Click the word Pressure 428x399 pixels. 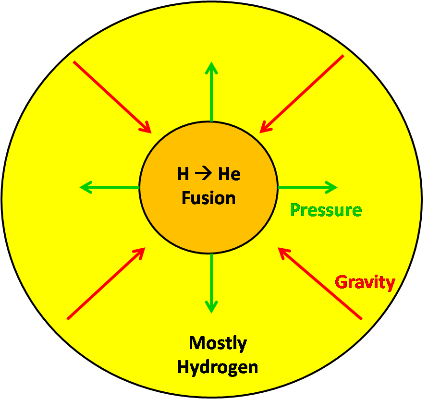tap(326, 210)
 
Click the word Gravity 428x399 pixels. tap(365, 282)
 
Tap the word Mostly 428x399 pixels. tap(218, 343)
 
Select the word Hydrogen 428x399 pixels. tap(218, 367)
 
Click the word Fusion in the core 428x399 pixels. tap(208, 198)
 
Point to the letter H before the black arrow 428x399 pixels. tap(183, 174)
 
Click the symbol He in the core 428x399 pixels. tap(229, 174)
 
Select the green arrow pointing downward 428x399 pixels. tap(211, 283)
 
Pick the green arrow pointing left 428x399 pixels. tap(110, 187)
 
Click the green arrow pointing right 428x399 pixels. tap(307, 187)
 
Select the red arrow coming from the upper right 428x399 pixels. tap(302, 94)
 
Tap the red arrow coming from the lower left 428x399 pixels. tap(106, 283)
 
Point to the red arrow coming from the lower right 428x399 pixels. tap(320, 283)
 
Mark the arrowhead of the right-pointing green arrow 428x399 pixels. tap(331, 187)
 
